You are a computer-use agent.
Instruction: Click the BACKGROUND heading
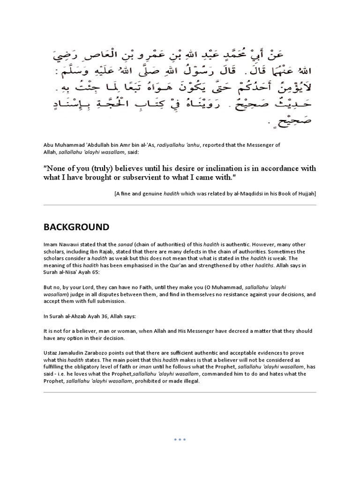click(76, 227)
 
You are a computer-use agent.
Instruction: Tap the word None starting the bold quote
click(55, 168)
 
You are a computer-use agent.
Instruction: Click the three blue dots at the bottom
click(180, 440)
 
